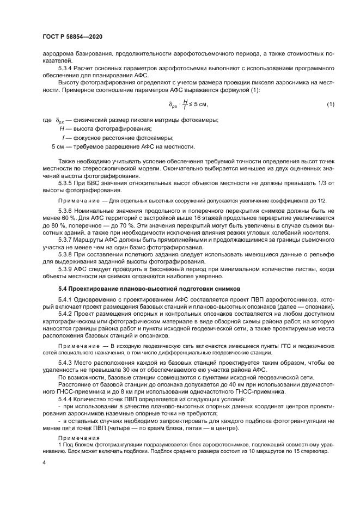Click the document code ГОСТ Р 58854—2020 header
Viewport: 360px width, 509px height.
click(72, 36)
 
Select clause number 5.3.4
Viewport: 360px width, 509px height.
click(68, 69)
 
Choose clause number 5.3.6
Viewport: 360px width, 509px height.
click(68, 210)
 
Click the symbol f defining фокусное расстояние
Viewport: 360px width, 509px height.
click(64, 138)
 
